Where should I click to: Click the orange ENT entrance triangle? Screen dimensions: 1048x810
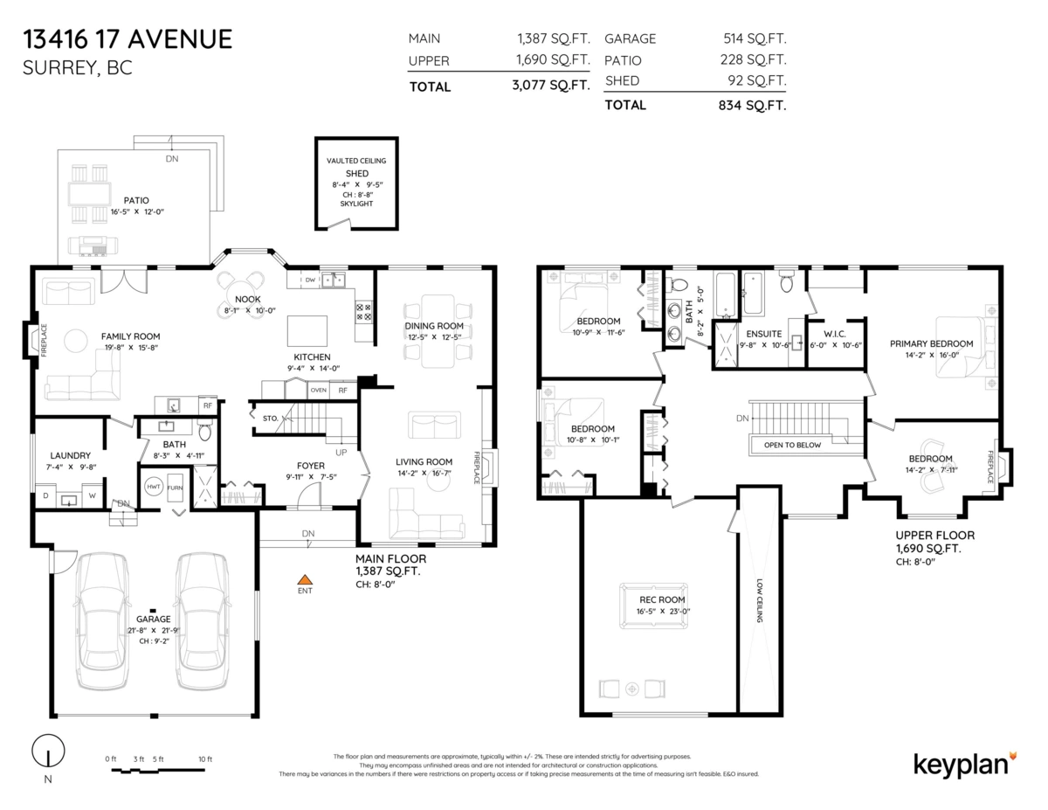(304, 579)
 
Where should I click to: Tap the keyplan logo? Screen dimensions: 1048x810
(964, 765)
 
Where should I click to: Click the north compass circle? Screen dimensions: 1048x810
(48, 751)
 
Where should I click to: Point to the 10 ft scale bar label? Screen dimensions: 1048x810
(205, 758)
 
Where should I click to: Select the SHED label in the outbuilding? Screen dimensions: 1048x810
(357, 173)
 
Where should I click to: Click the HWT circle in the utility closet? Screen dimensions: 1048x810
(154, 487)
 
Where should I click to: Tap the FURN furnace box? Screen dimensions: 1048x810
(175, 488)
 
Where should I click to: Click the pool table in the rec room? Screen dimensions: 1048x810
(653, 606)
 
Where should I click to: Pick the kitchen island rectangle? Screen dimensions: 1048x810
(307, 331)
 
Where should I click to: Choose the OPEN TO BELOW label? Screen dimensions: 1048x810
(792, 445)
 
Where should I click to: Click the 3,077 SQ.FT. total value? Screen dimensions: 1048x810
(551, 86)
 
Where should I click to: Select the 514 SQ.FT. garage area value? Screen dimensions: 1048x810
(755, 38)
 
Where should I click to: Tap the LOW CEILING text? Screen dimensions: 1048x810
(760, 600)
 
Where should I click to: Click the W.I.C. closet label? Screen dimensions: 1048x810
(834, 334)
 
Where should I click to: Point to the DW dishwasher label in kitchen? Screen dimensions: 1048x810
(310, 280)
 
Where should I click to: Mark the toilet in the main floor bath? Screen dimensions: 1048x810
(205, 432)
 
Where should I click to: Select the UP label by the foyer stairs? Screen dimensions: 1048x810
(341, 453)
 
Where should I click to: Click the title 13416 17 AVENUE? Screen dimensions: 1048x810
(128, 39)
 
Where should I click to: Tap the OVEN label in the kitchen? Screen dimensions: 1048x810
(318, 390)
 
